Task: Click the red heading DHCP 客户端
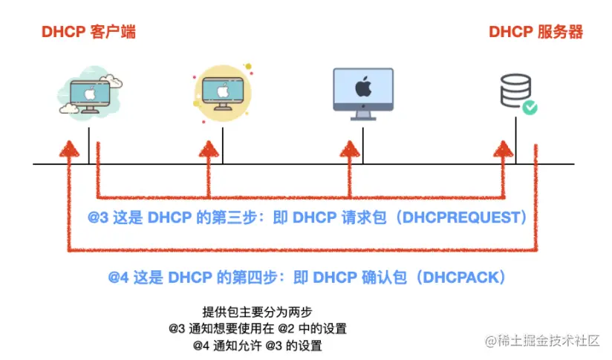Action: coord(88,32)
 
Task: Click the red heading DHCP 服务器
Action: coord(535,32)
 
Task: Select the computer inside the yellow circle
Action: coord(222,93)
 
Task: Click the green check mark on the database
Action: coord(530,108)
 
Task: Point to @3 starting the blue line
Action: coord(98,218)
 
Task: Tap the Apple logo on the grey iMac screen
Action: coord(362,88)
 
